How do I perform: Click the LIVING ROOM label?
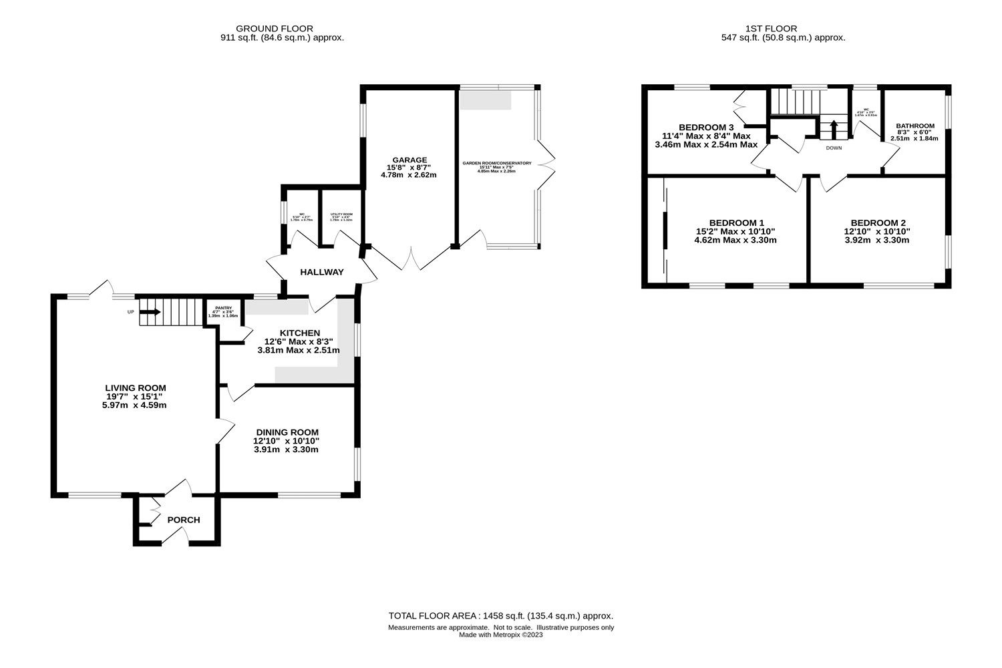click(x=135, y=388)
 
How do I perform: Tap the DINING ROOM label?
click(x=286, y=432)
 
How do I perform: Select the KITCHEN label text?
click(x=300, y=333)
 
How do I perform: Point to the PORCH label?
click(x=183, y=520)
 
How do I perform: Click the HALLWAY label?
click(x=322, y=272)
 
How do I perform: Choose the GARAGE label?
click(x=409, y=160)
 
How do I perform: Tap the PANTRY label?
click(x=223, y=308)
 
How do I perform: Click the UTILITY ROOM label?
click(x=341, y=214)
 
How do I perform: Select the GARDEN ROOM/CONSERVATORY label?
click(x=496, y=163)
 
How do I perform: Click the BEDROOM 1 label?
click(x=736, y=223)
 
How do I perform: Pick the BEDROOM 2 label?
click(x=878, y=223)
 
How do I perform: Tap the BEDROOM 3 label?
click(x=706, y=128)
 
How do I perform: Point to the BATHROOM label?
click(x=914, y=126)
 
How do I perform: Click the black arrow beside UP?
click(x=150, y=311)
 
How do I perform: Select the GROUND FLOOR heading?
click(x=282, y=29)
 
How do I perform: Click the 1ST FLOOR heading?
click(x=771, y=29)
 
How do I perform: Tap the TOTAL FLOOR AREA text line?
click(x=500, y=616)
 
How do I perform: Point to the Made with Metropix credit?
click(x=500, y=635)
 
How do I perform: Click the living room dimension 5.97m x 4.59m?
click(x=130, y=405)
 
